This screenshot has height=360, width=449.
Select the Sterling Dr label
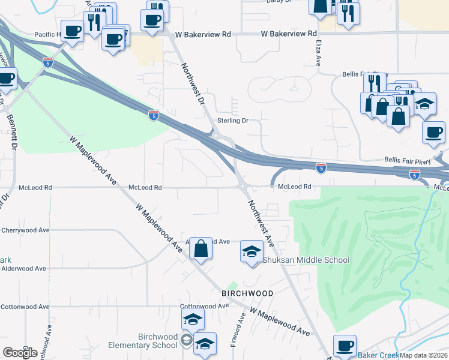[233, 121]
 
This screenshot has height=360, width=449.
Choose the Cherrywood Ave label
[25, 230]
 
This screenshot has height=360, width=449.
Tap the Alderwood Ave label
[24, 268]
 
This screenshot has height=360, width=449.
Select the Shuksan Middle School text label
[306, 260]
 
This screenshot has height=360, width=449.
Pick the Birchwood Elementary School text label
[143, 341]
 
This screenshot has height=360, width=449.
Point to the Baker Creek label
[378, 355]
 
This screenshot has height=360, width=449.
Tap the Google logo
[20, 352]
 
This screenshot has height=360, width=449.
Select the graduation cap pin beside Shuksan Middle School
[252, 251]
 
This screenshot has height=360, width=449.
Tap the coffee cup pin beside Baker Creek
[345, 346]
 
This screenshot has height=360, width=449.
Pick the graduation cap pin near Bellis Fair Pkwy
[425, 105]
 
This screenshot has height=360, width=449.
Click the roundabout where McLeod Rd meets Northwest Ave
[244, 187]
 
